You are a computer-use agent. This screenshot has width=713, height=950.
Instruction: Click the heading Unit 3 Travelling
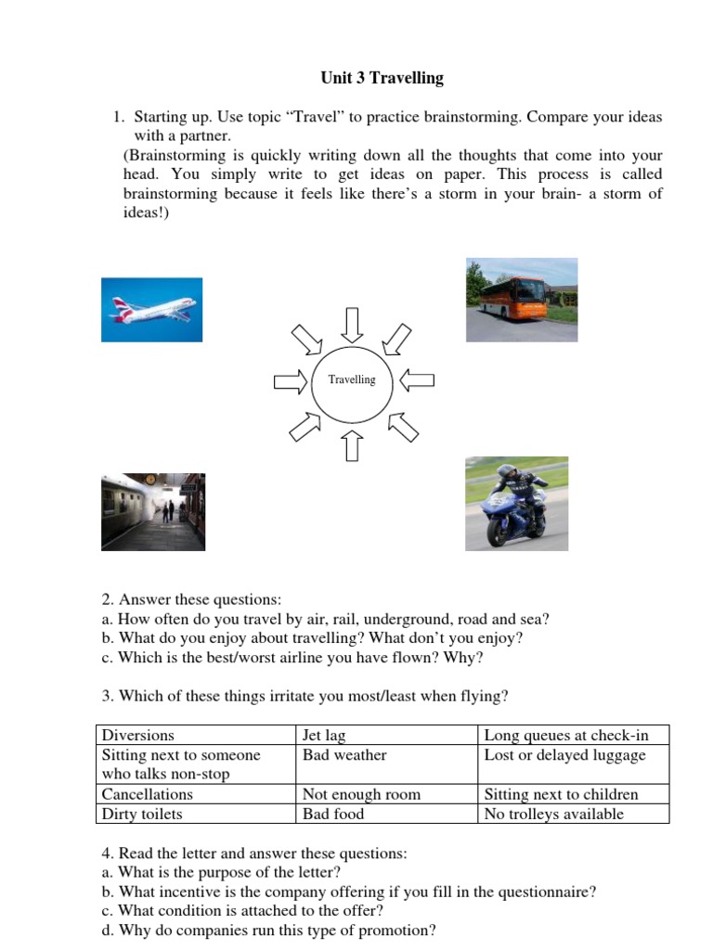382,78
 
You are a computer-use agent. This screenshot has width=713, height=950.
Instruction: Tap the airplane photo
151,310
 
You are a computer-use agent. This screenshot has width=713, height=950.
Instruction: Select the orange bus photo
521,300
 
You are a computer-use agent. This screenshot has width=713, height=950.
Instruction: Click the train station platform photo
153,512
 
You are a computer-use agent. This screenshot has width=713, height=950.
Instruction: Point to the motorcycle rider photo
515,504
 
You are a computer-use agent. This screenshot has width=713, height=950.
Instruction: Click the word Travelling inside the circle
352,379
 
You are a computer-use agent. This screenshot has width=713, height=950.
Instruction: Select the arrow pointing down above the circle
352,324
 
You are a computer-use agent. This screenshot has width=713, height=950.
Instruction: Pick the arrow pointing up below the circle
352,445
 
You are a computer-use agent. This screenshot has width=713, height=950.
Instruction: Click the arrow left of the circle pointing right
289,381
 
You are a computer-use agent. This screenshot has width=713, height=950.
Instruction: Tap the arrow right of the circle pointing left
419,379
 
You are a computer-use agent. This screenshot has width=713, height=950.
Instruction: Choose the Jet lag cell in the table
324,736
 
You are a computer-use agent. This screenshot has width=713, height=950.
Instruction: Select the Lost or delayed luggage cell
564,755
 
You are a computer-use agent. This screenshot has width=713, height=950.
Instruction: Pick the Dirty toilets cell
142,815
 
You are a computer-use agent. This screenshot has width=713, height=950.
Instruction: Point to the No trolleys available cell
554,815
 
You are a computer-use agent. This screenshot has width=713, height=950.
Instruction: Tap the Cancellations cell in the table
148,795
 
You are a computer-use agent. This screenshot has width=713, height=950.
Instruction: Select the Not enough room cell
361,795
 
